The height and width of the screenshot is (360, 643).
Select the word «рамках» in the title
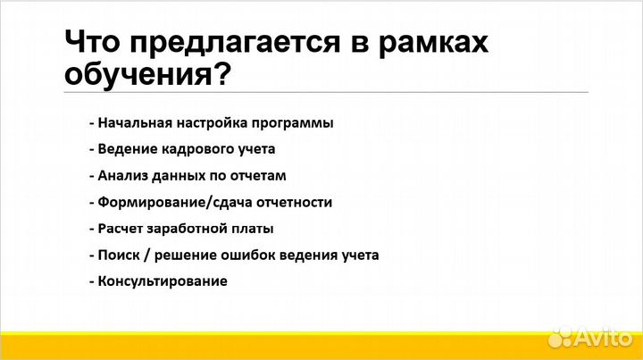438,44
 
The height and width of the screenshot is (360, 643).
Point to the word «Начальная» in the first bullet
130,123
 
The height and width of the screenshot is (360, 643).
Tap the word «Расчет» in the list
120,229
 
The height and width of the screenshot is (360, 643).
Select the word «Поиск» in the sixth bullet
117,255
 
